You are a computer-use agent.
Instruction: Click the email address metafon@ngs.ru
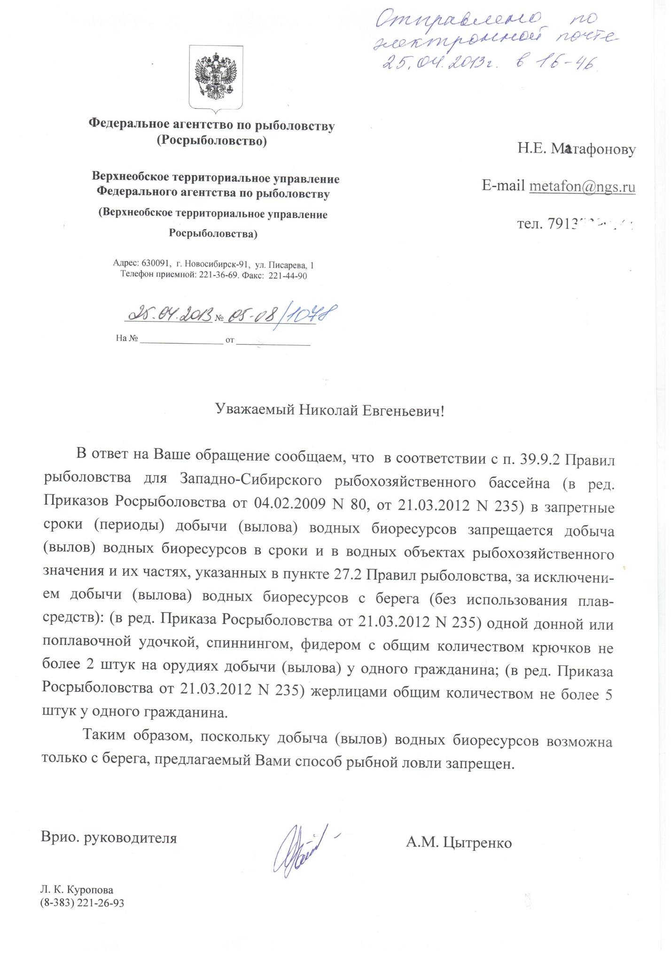pos(582,187)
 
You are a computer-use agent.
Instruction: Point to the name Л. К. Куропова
pos(77,890)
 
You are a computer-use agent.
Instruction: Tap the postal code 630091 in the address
pos(153,265)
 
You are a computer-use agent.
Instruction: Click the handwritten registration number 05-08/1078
pos(281,314)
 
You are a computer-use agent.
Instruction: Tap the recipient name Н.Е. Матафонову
pos(577,149)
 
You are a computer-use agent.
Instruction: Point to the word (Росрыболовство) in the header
pos(211,141)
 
